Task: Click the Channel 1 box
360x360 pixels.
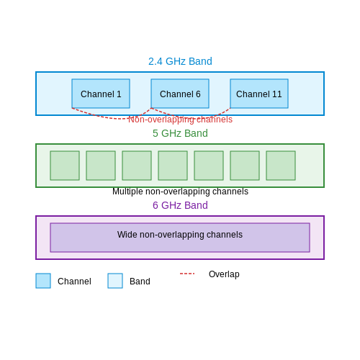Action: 101,94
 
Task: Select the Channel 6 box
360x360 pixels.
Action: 180,94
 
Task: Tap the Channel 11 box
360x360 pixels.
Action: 259,94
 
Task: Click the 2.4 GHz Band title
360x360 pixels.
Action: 180,61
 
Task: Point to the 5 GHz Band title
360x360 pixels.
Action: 180,133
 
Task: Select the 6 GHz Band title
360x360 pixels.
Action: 180,205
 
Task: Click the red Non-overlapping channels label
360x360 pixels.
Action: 180,120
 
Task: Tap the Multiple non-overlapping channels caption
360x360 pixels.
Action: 180,192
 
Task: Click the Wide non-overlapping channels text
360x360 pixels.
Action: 180,235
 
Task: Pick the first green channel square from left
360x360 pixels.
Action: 65,166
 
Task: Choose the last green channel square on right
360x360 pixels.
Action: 281,166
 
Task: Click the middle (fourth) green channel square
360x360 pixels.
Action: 173,166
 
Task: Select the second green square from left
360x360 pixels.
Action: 101,166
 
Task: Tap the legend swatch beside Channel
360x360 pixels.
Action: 43,281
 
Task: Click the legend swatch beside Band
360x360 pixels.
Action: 115,281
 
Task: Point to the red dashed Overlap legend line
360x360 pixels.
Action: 187,274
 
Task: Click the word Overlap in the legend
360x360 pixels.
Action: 224,274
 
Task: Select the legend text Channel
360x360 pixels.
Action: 74,282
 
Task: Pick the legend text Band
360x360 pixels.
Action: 140,282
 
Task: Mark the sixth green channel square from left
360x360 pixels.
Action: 245,166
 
